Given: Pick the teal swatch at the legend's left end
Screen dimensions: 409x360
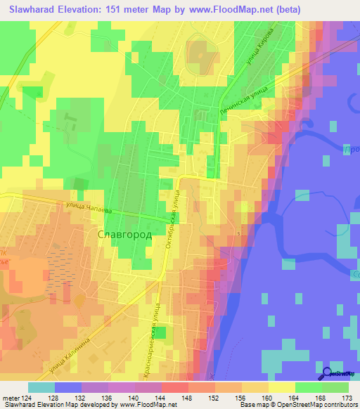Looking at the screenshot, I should pos(41,387).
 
